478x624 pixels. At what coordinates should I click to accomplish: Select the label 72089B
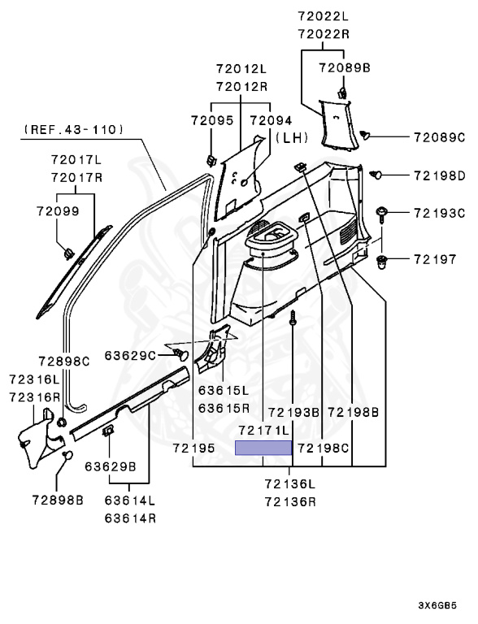coord(344,68)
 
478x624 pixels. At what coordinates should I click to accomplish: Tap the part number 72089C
coord(438,136)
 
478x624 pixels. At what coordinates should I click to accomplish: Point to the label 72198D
coord(438,175)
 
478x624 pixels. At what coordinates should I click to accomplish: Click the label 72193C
coord(438,214)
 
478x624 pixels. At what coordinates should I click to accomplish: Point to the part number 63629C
coord(131,354)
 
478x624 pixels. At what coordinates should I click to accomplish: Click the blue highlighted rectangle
coord(263,448)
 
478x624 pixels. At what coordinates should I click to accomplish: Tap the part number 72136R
coord(289,501)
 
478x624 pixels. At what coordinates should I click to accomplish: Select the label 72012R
coord(243,85)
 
